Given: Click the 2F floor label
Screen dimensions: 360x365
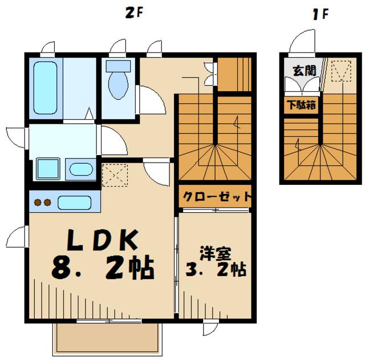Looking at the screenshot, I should point(133,13).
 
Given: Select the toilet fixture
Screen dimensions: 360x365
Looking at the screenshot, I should point(118,82).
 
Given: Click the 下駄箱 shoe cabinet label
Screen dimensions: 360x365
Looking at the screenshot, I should point(301,105).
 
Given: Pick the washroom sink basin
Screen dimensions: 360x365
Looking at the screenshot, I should point(81,169).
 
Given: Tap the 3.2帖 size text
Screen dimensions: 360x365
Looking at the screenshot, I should point(216,270).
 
